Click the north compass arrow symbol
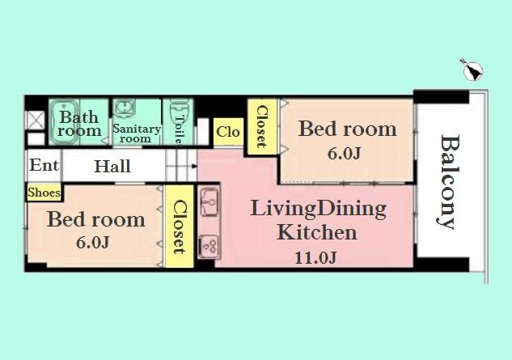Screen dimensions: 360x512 (x=471, y=70)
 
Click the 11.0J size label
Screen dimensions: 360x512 (x=315, y=258)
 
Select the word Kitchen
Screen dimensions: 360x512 (x=317, y=233)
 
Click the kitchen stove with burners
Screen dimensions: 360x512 (x=207, y=245)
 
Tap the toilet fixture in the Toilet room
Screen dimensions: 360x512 (x=181, y=111)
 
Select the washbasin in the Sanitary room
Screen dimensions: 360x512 (x=125, y=109)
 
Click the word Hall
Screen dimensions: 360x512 (x=112, y=167)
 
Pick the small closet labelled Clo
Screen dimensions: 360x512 (x=228, y=131)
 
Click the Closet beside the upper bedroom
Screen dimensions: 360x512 (x=261, y=125)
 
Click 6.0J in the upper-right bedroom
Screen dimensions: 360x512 (x=345, y=154)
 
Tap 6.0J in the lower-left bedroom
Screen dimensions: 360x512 (x=92, y=243)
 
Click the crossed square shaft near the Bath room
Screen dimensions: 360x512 (x=36, y=120)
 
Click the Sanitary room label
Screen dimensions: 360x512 (x=136, y=133)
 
